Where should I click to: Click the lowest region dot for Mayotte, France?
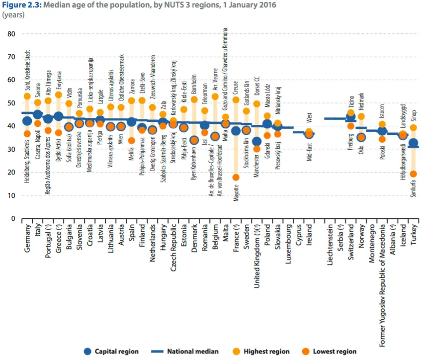[x=236, y=178]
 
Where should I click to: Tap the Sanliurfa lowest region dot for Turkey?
[x=413, y=174]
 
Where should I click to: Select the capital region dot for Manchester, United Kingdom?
[x=256, y=142]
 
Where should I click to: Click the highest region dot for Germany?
[x=27, y=96]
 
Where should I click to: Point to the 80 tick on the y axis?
[x=11, y=34]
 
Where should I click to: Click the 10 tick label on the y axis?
[x=11, y=195]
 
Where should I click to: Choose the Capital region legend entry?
[x=112, y=352]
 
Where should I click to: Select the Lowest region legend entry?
[x=330, y=352]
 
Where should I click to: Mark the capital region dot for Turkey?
[x=413, y=144]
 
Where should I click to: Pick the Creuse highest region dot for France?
[x=236, y=100]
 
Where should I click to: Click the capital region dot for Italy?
[x=38, y=115]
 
